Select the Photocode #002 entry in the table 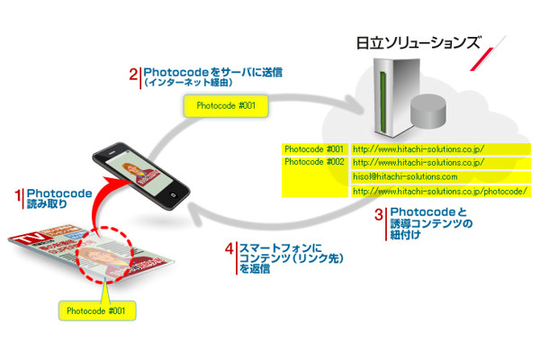(313, 163)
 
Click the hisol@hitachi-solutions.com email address (399, 177)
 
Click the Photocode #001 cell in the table (313, 148)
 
